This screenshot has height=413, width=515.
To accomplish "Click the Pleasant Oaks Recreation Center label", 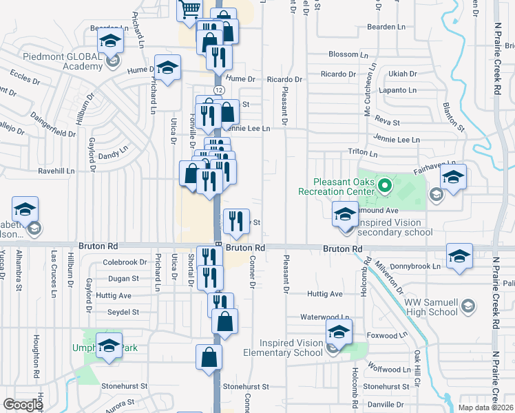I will coord(336,186).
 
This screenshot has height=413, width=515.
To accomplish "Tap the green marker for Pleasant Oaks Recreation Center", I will coord(386,184).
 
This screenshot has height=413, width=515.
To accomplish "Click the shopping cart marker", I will coord(189,10).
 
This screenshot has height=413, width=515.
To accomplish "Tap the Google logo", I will coord(23,405).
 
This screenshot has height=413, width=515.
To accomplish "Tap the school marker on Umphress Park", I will coord(109,347).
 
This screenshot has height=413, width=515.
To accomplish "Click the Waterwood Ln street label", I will coord(325,317).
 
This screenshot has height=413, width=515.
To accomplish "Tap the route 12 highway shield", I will coord(218,90).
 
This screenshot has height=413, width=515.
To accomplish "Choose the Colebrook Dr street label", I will coord(125,262).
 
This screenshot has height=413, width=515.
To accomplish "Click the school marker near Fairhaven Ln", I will coord(453,178).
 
